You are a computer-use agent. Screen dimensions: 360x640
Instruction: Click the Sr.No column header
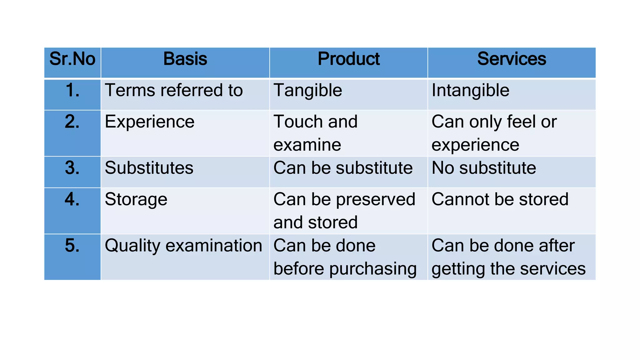pos(72,59)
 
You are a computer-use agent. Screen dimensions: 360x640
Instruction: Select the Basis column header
pos(185,59)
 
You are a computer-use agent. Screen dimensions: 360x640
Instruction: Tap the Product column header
pos(348,59)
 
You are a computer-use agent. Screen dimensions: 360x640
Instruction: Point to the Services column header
pos(512,59)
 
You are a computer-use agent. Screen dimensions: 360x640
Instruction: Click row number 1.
pos(72,91)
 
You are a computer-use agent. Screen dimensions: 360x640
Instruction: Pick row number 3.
pos(72,168)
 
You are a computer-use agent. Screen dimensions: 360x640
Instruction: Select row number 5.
pos(72,246)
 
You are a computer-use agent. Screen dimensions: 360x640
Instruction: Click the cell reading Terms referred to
pos(174,91)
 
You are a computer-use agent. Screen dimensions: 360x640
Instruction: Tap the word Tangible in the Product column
pos(308,91)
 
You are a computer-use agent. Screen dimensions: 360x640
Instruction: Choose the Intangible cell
pos(470,91)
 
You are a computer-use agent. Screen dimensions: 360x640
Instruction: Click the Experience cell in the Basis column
pos(149,122)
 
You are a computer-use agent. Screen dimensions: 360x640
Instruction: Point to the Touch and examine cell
pos(315,133)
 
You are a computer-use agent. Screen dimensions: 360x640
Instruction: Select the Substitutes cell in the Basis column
pos(149,168)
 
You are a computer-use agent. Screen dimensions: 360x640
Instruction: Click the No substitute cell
pos(484,168)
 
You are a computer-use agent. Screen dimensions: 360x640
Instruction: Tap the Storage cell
pos(136,199)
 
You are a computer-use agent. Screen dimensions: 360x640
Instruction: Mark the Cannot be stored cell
pos(500,199)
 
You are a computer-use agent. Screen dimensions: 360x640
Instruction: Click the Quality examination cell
pos(183,246)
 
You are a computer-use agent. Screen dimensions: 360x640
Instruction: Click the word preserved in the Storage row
pos(376,199)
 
